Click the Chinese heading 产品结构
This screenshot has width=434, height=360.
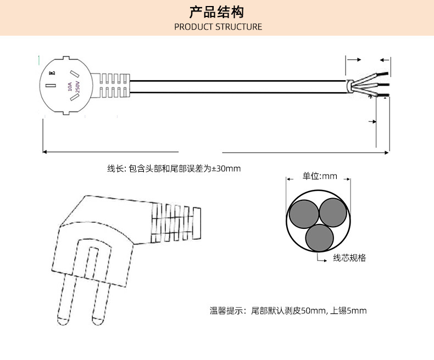pyautogui.click(x=216, y=12)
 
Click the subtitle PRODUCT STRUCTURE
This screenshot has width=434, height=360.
pyautogui.click(x=218, y=27)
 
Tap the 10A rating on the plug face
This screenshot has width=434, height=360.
pyautogui.click(x=69, y=87)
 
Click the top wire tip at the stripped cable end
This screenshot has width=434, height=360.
pyautogui.click(x=386, y=73)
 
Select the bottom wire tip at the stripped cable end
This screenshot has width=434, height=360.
pyautogui.click(x=386, y=97)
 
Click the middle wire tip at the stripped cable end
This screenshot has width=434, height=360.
pyautogui.click(x=386, y=85)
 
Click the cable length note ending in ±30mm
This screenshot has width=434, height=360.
pyautogui.click(x=174, y=168)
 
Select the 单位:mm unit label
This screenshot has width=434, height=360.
pyautogui.click(x=319, y=176)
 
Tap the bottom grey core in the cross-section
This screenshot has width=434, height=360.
pyautogui.click(x=319, y=238)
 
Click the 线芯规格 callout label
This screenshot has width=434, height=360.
pyautogui.click(x=349, y=258)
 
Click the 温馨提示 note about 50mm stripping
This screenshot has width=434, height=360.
pyautogui.click(x=288, y=311)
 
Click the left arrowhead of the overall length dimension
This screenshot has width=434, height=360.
pyautogui.click(x=46, y=151)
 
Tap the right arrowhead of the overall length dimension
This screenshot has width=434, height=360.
pyautogui.click(x=386, y=151)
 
